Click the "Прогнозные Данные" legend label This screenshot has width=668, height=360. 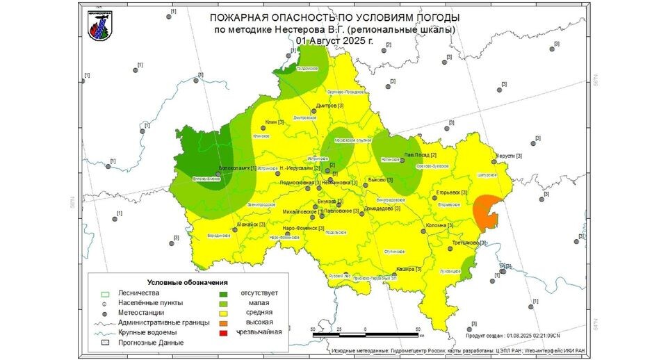[x=151, y=342]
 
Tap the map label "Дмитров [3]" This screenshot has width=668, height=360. [x=330, y=106]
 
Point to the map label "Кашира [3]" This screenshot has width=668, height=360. [x=405, y=268]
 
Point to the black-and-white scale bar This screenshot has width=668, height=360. [x=365, y=334]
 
